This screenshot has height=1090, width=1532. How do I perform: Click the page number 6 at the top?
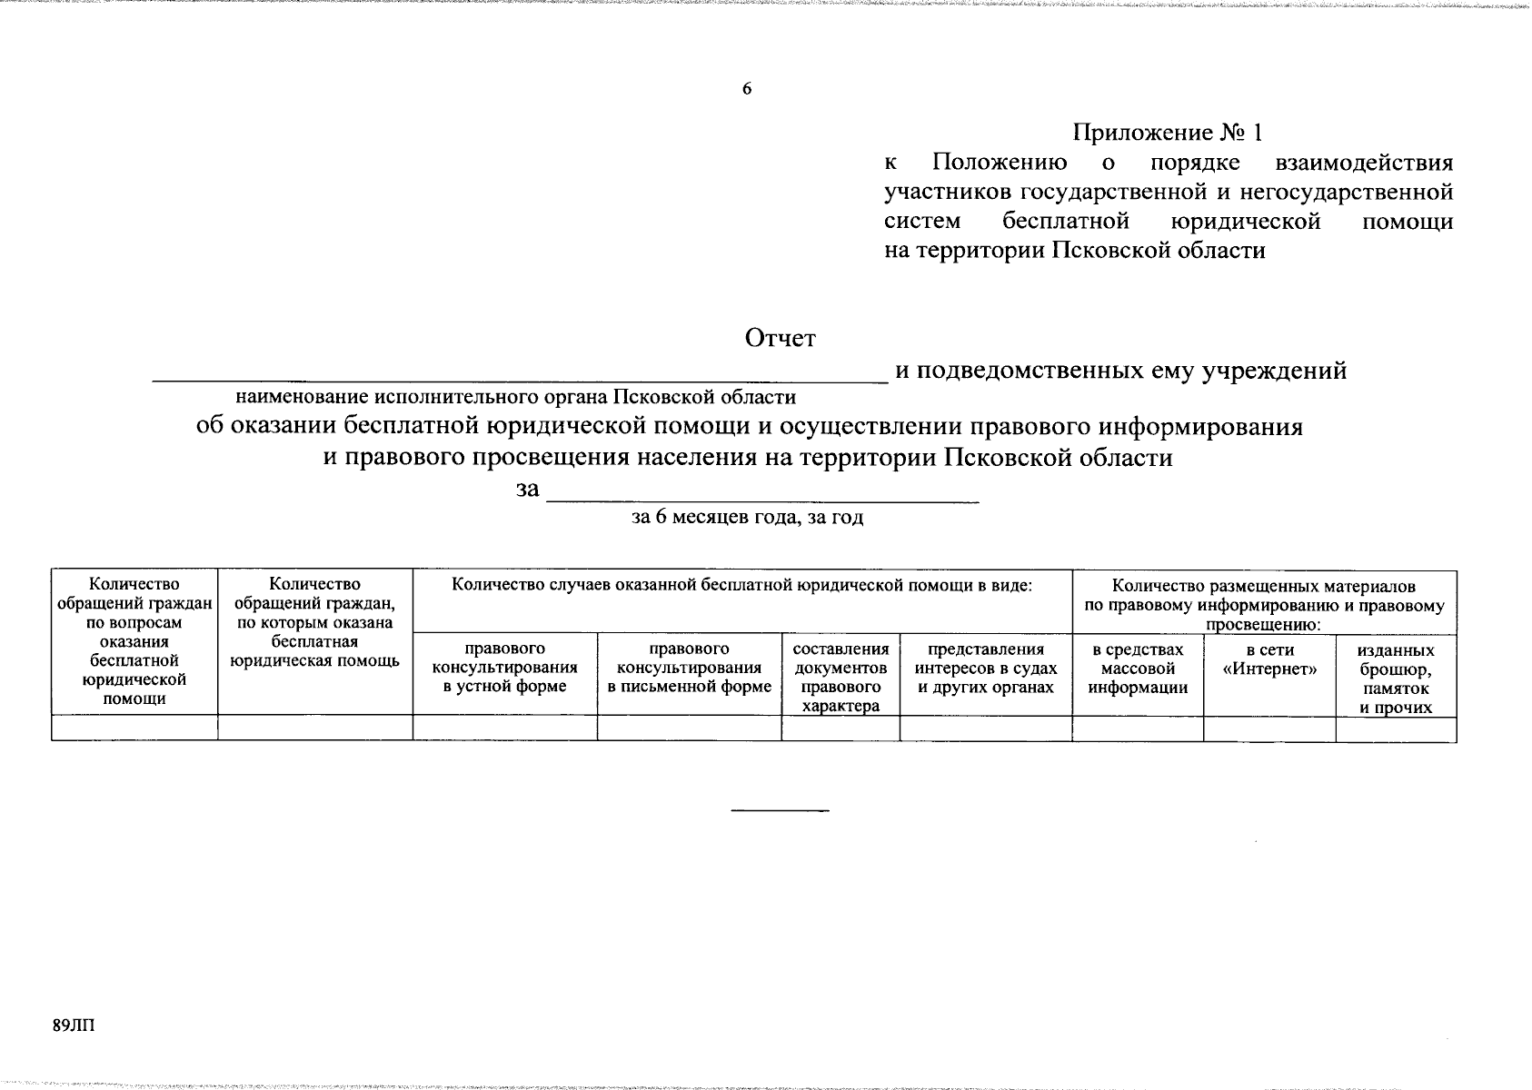tap(747, 89)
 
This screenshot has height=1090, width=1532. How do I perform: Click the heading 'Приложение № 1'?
tap(1168, 133)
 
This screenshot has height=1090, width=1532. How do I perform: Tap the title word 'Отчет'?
tap(780, 338)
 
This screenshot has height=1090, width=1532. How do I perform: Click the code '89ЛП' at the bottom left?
tap(74, 1026)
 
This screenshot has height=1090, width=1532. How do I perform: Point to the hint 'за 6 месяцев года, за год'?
tap(747, 518)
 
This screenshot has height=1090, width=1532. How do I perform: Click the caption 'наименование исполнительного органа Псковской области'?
tap(515, 397)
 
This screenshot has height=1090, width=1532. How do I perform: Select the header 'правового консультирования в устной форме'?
tap(504, 668)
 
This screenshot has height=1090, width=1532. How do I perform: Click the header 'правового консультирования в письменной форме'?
tap(689, 668)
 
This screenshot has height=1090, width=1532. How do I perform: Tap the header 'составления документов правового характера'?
tap(841, 677)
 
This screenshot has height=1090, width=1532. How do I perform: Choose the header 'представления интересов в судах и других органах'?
tap(986, 668)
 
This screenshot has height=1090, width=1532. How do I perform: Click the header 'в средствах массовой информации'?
tap(1138, 668)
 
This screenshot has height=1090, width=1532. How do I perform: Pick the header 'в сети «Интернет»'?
tap(1269, 659)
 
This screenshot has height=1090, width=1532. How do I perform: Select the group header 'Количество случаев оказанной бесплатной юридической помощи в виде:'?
tap(741, 585)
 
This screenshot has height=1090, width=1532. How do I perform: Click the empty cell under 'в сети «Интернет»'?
tap(1269, 728)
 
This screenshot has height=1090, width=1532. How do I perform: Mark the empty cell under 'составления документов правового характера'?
tap(841, 728)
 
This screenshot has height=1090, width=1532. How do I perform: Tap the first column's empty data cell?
tap(134, 728)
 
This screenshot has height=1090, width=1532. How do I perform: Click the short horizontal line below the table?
tap(781, 809)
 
